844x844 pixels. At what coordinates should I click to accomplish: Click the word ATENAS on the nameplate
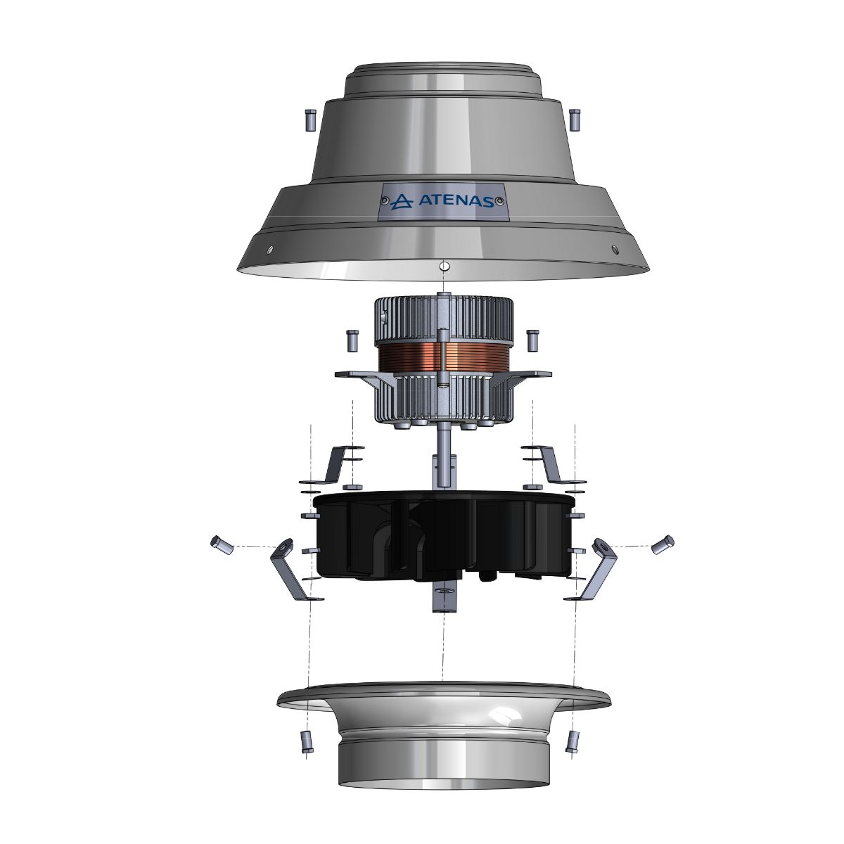coord(455,201)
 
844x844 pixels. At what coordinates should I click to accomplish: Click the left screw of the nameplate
coord(385,202)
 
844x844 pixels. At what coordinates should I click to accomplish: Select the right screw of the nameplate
coord(499,202)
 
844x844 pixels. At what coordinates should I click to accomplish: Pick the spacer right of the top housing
coord(574,120)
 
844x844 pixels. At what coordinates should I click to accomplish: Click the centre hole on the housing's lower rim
coord(443,267)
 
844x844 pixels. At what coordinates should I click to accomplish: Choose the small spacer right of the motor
coord(532,340)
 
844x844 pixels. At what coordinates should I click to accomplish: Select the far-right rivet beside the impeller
coord(663,544)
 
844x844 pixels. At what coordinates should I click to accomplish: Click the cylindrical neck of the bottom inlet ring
coord(443,760)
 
